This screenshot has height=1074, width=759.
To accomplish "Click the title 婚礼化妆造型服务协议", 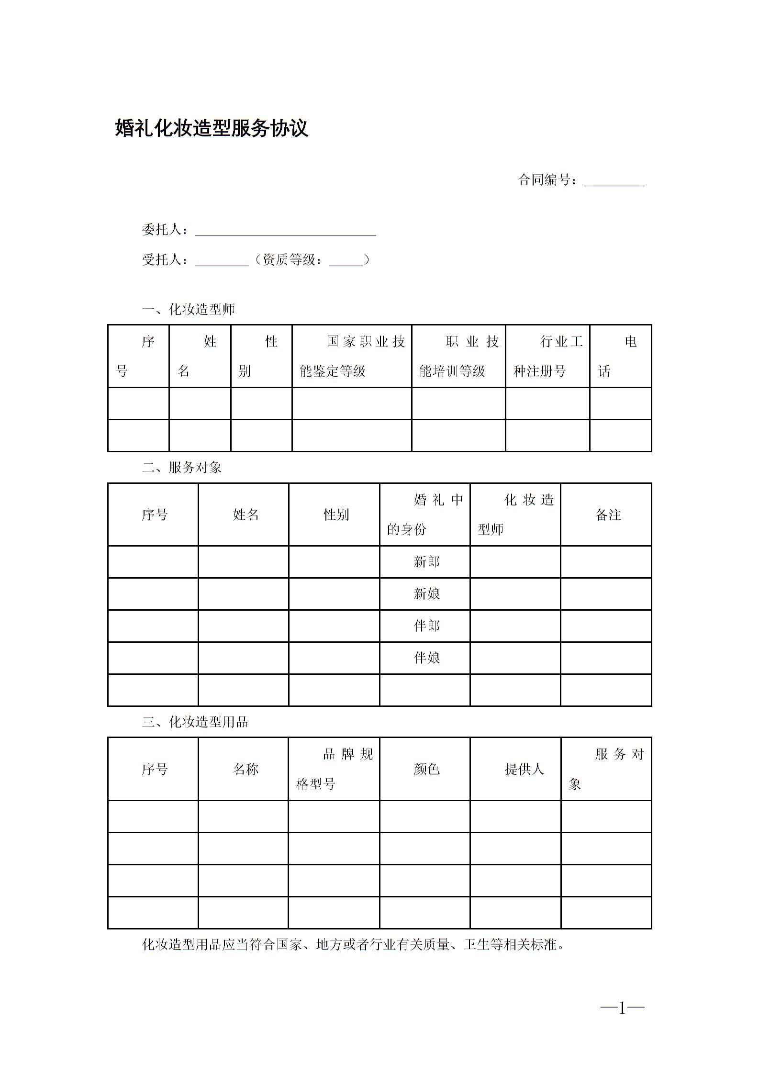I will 212,128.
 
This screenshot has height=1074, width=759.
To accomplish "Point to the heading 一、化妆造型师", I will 189,310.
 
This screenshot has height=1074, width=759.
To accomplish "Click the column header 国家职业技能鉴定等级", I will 352,356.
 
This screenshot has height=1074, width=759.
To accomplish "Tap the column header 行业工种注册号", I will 547,356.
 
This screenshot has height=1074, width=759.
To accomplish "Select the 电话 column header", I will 620,356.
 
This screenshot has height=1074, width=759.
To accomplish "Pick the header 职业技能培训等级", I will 458,356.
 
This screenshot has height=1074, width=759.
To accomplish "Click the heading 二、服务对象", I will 182,468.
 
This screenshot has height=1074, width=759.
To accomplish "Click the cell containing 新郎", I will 426,562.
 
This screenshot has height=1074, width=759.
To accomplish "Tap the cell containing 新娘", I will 426,594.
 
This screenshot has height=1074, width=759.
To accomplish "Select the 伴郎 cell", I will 426,626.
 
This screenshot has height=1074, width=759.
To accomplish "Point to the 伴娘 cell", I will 426,658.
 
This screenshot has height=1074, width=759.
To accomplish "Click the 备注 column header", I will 608,515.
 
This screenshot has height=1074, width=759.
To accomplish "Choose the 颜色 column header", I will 426,770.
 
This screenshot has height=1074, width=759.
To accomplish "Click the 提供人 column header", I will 524,770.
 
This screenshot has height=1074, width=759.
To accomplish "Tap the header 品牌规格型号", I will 334,770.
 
